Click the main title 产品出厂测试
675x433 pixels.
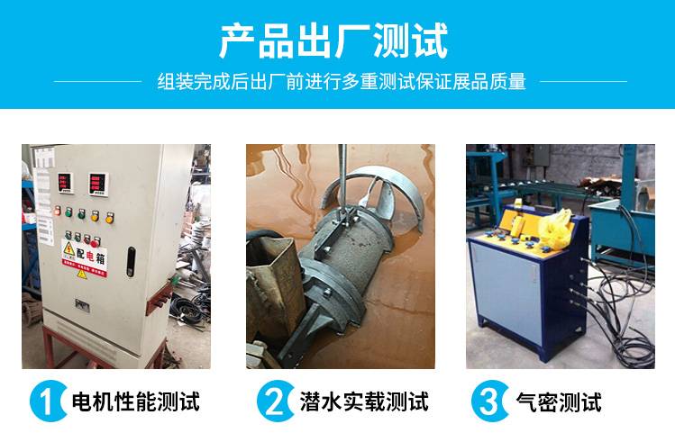(x=333, y=41)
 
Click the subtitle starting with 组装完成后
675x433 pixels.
(x=342, y=81)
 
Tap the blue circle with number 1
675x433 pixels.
(x=48, y=401)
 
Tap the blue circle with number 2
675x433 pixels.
(x=275, y=401)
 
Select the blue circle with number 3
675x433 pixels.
(x=489, y=401)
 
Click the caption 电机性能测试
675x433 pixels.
(x=135, y=401)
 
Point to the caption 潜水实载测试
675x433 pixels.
(x=364, y=401)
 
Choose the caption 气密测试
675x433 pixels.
(x=559, y=401)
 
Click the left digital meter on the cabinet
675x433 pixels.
(x=65, y=183)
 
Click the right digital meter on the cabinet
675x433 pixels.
(x=98, y=185)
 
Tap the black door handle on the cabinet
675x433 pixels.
(x=131, y=262)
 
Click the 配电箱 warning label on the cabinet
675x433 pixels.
(x=85, y=258)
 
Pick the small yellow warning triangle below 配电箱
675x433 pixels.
(x=81, y=273)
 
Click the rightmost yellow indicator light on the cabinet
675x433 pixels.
(x=110, y=218)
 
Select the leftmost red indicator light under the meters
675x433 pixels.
(x=58, y=211)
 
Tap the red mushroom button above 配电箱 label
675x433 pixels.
(x=95, y=242)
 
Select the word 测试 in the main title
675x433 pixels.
(x=410, y=41)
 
